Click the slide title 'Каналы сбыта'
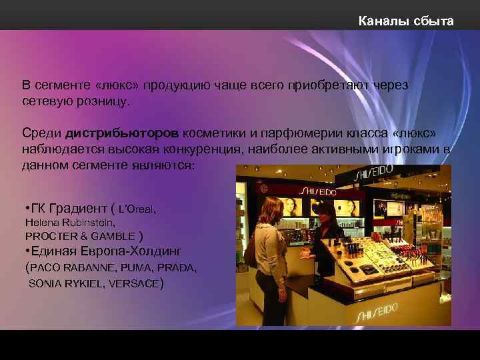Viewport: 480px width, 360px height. click(x=405, y=21)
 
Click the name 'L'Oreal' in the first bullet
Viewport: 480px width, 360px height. click(x=137, y=209)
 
